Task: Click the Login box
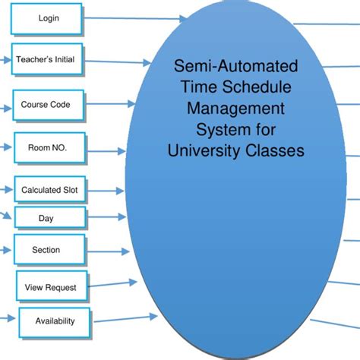[x=47, y=18]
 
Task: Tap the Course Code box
[x=46, y=105]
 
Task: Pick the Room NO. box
[x=47, y=147]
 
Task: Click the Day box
[x=46, y=219]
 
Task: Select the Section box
[x=46, y=250]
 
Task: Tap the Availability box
[x=55, y=321]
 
